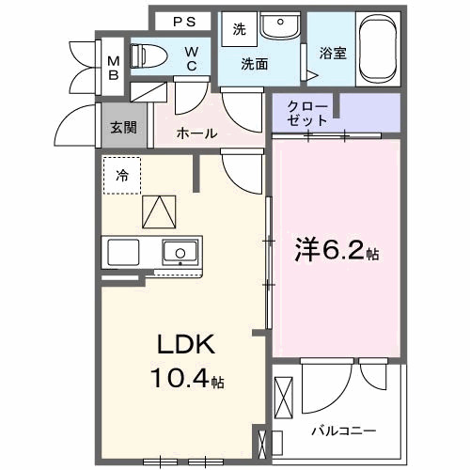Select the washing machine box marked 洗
239,30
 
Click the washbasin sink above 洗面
276,27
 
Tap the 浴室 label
333,53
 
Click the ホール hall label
196,133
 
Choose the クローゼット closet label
311,114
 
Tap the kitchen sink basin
179,252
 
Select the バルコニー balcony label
343,430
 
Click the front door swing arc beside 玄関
75,122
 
